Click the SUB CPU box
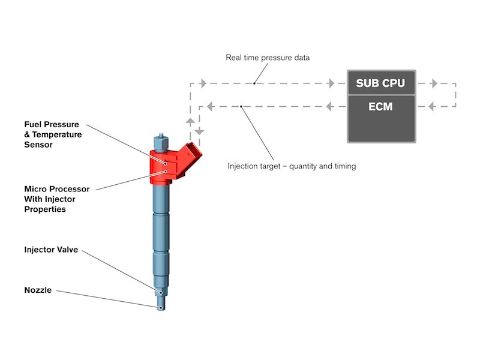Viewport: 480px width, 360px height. click(x=381, y=83)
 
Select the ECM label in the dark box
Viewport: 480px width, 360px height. click(x=381, y=107)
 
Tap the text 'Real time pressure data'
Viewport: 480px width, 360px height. click(x=267, y=58)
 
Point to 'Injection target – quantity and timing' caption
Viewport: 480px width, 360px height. click(x=292, y=166)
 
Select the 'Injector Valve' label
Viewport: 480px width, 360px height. click(x=50, y=249)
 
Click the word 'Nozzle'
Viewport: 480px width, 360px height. click(x=38, y=290)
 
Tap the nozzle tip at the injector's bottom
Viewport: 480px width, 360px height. click(x=161, y=307)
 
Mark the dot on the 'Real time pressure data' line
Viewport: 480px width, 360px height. click(x=254, y=83)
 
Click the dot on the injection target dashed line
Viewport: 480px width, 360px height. click(x=241, y=107)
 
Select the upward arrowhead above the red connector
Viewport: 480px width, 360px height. click(x=191, y=121)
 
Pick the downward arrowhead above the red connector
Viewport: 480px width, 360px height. click(x=200, y=131)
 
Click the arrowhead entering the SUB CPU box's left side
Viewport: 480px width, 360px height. click(x=331, y=83)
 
